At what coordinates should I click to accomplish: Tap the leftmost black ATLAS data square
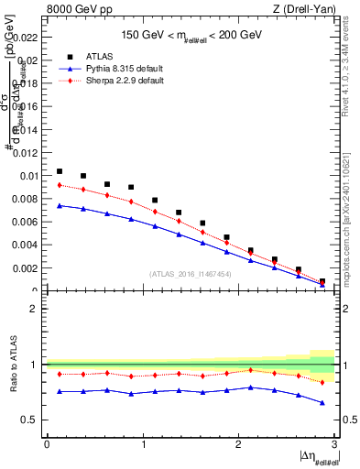point(60,171)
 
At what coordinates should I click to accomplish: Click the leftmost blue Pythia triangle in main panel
point(60,205)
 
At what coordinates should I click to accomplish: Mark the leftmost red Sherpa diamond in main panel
point(60,185)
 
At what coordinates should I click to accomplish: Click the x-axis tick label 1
point(143,444)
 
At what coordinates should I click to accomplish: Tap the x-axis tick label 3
point(334,444)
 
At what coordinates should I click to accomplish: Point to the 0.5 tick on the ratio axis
point(34,420)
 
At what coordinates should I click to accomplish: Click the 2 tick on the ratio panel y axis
point(38,309)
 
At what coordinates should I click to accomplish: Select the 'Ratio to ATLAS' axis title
point(13,364)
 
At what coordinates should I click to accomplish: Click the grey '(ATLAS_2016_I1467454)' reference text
point(190,274)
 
